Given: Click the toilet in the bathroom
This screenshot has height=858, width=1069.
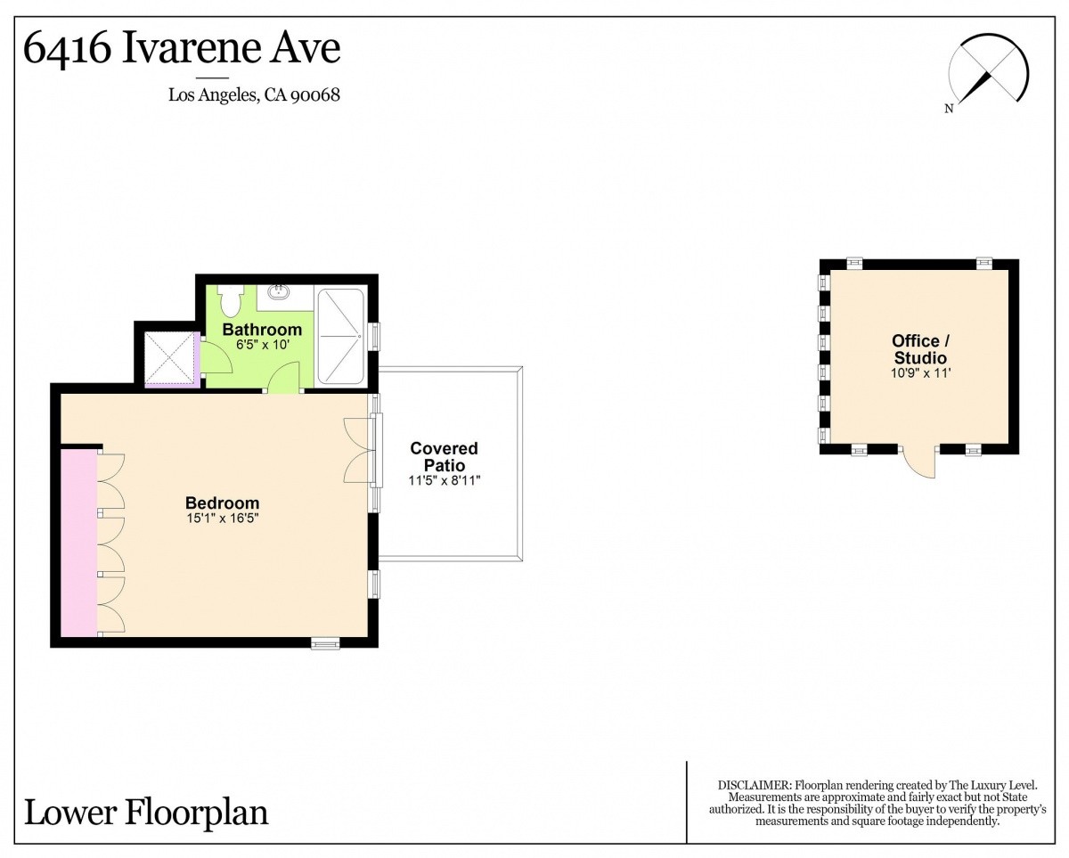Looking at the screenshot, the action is pyautogui.click(x=229, y=300).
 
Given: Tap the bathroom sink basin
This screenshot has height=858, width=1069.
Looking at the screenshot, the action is pyautogui.click(x=281, y=290).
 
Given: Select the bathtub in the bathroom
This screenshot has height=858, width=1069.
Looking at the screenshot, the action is pyautogui.click(x=341, y=336).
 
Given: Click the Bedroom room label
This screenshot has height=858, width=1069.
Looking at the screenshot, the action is pyautogui.click(x=222, y=503).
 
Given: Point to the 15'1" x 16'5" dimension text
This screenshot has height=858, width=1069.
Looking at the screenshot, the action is pyautogui.click(x=223, y=519).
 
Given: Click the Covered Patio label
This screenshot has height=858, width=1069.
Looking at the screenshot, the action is pyautogui.click(x=445, y=456).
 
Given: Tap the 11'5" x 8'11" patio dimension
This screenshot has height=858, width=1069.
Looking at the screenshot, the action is pyautogui.click(x=445, y=480).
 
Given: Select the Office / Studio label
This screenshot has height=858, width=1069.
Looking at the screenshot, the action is pyautogui.click(x=920, y=349).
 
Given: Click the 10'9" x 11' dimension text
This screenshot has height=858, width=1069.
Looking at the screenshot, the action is pyautogui.click(x=920, y=373).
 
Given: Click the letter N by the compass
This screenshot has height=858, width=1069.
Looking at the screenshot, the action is pyautogui.click(x=949, y=109).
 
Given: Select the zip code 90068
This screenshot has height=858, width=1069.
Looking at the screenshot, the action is pyautogui.click(x=315, y=95).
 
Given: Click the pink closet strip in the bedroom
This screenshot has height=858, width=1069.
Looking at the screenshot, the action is pyautogui.click(x=78, y=542).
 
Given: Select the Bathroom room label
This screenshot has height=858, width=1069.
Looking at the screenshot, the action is pyautogui.click(x=262, y=330).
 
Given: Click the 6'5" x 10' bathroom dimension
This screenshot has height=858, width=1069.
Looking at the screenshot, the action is pyautogui.click(x=262, y=345).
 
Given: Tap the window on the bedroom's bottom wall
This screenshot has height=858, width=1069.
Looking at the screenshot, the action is pyautogui.click(x=325, y=644).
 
